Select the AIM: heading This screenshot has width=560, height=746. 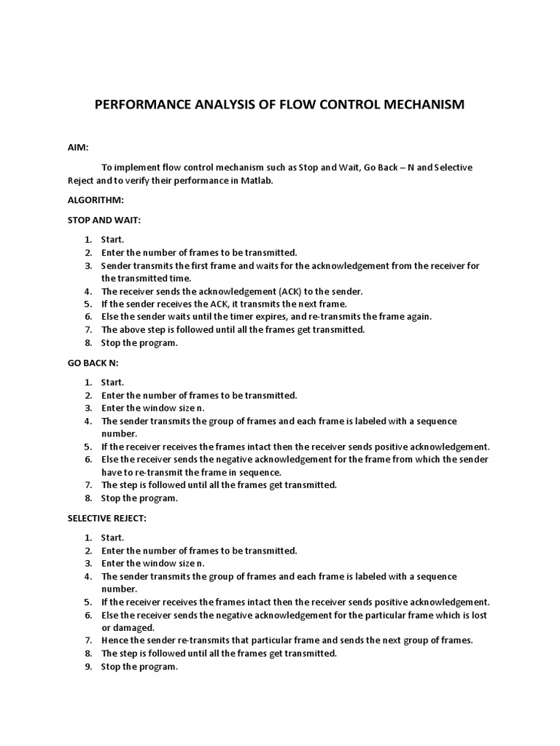coord(77,147)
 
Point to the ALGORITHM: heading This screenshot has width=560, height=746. coord(96,199)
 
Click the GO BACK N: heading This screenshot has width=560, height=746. coord(93,362)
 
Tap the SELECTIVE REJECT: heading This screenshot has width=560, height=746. coord(108,518)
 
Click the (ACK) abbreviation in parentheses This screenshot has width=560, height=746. coord(279,291)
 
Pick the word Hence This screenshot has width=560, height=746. coord(114,640)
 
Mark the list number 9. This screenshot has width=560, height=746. coord(87,667)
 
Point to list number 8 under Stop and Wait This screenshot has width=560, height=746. coord(87,343)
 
